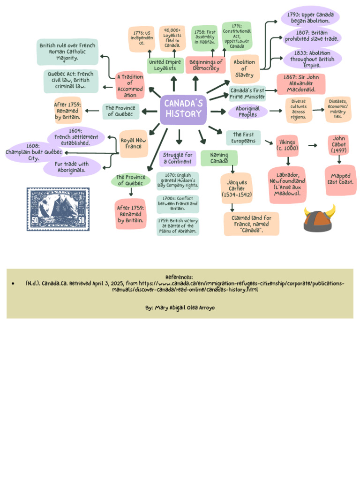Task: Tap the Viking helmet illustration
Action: [320, 218]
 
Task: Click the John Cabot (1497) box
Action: [339, 145]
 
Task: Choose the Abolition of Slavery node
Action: [244, 68]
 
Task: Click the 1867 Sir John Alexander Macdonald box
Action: [301, 84]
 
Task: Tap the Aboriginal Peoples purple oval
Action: [248, 112]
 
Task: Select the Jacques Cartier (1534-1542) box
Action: [236, 188]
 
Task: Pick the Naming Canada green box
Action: [219, 158]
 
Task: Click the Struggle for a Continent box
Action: [178, 158]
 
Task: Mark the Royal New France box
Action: [134, 143]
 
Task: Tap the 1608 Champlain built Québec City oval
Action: [33, 152]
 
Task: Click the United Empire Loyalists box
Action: [165, 66]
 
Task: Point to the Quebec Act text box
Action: [71, 81]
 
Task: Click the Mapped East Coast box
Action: [340, 180]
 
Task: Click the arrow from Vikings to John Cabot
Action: [313, 145]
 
